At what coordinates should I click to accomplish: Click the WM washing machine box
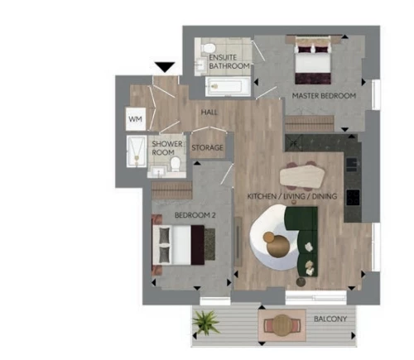[x=136, y=119]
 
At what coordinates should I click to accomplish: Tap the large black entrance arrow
[x=165, y=67]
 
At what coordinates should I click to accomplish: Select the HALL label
[x=209, y=113]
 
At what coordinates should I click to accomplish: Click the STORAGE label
[x=207, y=147]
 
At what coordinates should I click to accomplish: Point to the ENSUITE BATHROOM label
[x=229, y=61]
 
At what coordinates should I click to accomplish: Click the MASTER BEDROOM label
[x=324, y=96]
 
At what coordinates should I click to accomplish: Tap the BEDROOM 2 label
[x=195, y=215]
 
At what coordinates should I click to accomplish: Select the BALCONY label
[x=330, y=319]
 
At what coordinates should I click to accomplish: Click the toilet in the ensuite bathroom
[x=208, y=48]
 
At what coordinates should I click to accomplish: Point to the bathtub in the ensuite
[x=228, y=86]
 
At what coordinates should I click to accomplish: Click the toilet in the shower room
[x=176, y=164]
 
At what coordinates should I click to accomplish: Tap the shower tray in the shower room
[x=137, y=151]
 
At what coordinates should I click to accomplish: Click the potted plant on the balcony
[x=206, y=321]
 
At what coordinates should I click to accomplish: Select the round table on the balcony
[x=282, y=325]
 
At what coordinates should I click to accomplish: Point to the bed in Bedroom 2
[x=179, y=245]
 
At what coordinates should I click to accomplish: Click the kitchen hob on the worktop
[x=354, y=197]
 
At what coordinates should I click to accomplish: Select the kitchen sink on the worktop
[x=352, y=163]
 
